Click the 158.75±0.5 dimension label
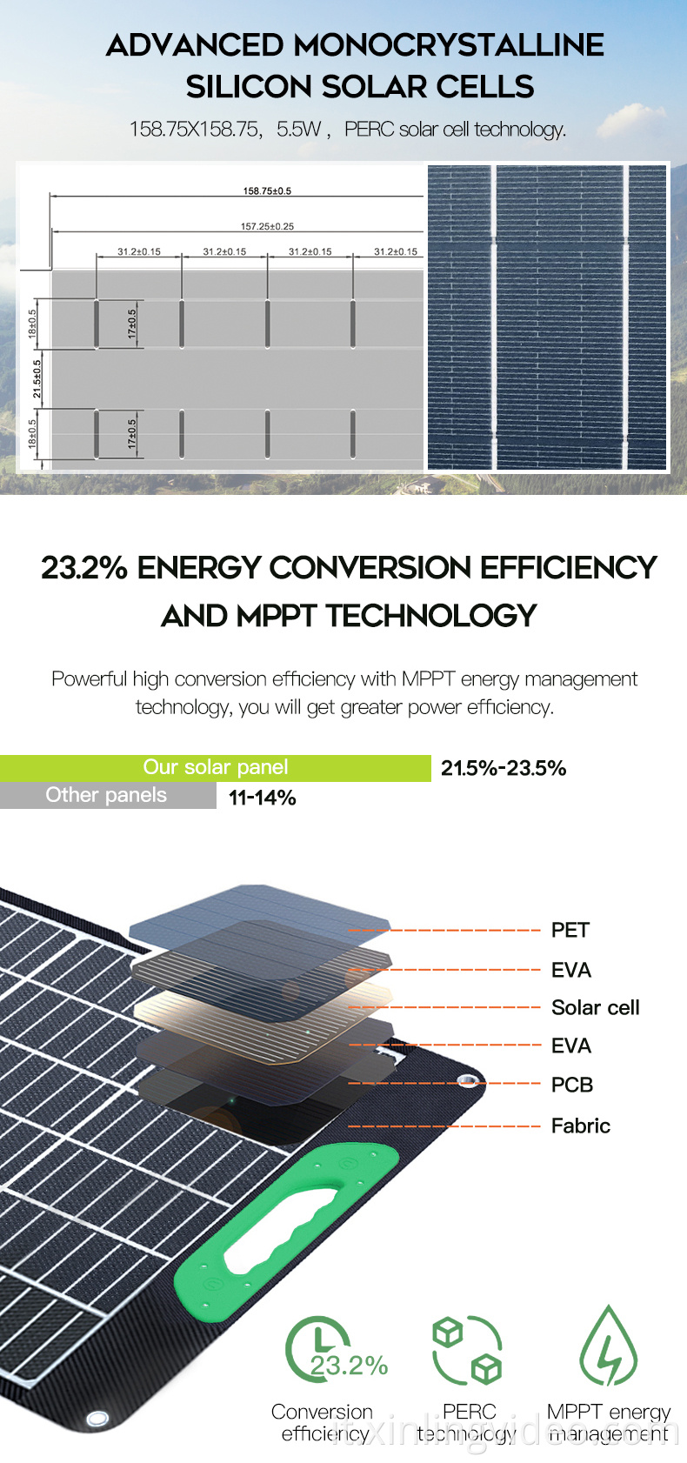267,190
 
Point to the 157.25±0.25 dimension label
267,226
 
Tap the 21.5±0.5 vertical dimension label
37,379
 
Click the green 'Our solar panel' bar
215,768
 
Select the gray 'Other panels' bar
107,795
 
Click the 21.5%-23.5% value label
504,768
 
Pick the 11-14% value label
262,798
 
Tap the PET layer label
570,930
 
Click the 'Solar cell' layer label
595,1007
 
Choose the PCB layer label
571,1085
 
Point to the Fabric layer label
580,1126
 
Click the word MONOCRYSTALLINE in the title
448,45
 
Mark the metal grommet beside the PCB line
470,1081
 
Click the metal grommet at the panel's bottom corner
97,1419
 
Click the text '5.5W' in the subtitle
299,130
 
